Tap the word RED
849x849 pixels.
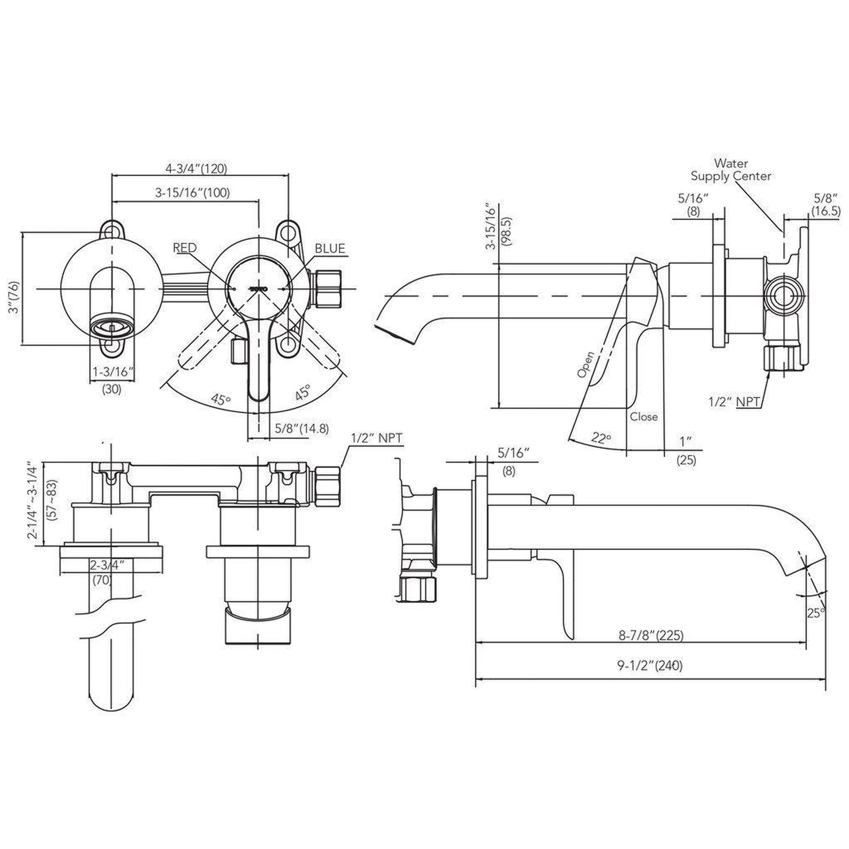tap(185, 248)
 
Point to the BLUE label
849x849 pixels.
tap(330, 249)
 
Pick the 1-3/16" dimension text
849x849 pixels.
tap(113, 372)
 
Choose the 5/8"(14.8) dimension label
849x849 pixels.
tap(302, 428)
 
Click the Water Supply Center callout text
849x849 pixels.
tap(731, 170)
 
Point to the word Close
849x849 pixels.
tap(644, 417)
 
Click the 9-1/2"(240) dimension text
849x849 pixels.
tap(650, 666)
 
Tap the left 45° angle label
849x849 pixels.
tap(221, 400)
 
